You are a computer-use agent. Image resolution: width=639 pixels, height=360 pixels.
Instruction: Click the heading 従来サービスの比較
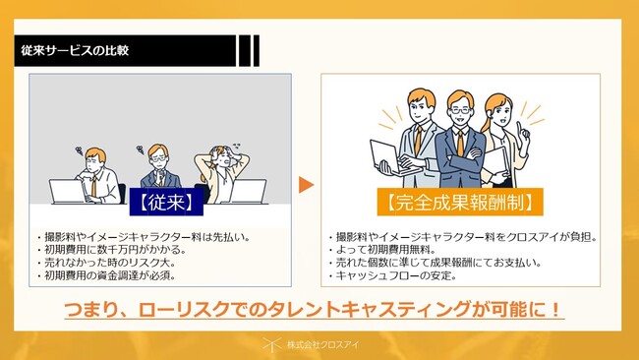tap(75, 50)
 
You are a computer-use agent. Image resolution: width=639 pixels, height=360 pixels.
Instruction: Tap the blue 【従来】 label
tap(166, 202)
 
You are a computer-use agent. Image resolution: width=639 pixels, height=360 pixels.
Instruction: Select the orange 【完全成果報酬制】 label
tap(460, 202)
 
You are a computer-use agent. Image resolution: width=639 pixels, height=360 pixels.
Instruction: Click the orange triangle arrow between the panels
tap(306, 185)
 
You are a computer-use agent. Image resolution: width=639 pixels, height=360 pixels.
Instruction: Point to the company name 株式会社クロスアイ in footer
tap(322, 345)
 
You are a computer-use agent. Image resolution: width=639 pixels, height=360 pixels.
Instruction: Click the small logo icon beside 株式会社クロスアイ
tap(271, 345)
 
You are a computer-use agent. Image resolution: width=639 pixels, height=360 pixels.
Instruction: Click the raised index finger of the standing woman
tap(520, 128)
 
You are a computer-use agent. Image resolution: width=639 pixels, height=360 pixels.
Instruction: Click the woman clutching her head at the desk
tap(221, 173)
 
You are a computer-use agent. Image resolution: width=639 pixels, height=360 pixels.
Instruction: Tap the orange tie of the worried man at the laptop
tap(93, 186)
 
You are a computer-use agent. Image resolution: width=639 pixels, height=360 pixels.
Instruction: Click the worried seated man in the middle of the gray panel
tap(159, 166)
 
